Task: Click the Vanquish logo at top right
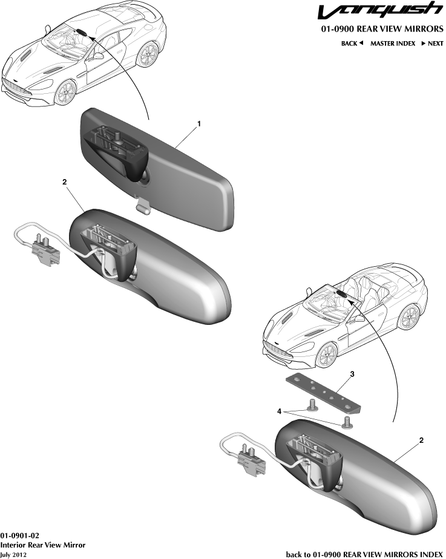380,11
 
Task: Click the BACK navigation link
352,44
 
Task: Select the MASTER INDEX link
393,44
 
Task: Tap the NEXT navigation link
433,44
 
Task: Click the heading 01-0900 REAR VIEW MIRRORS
382,29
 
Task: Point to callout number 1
199,123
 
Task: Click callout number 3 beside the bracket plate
352,374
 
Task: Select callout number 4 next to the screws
280,411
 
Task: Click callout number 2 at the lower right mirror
421,440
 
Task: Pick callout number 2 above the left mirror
65,182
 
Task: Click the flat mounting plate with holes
323,394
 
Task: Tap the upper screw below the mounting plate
312,405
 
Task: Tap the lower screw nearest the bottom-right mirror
347,423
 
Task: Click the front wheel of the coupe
65,92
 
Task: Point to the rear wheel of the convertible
409,316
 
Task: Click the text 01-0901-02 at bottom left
19,536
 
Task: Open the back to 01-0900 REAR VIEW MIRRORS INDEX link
364,555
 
